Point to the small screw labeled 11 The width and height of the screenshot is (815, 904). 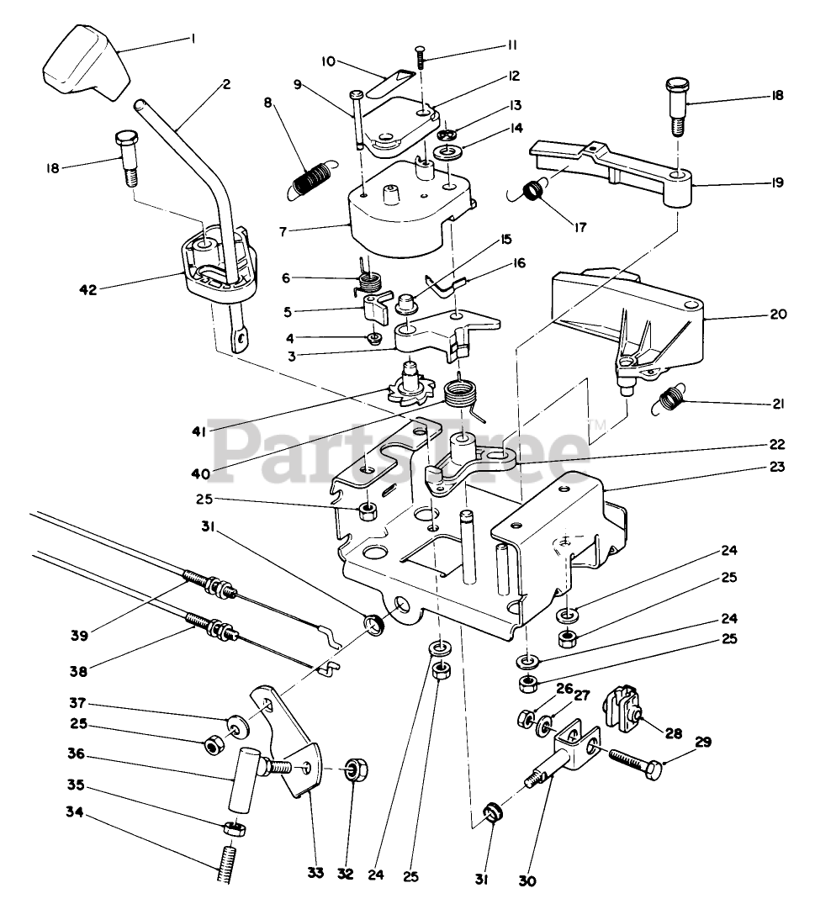click(x=420, y=58)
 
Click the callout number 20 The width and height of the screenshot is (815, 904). click(x=778, y=315)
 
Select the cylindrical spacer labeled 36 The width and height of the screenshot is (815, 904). click(x=241, y=779)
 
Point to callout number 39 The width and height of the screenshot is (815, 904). click(x=80, y=636)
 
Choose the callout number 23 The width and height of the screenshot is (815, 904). click(x=777, y=467)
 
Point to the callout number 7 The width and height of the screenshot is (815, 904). click(x=283, y=232)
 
